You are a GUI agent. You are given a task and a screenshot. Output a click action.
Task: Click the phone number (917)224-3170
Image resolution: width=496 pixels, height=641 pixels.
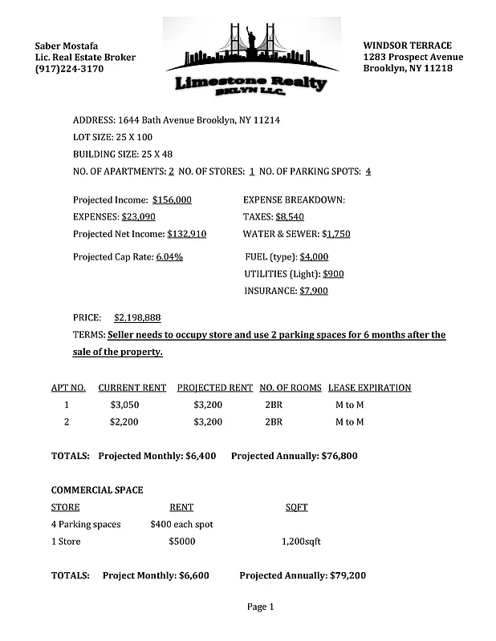tap(69, 69)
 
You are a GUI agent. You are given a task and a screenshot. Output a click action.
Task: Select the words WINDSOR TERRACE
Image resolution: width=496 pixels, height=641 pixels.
tap(407, 46)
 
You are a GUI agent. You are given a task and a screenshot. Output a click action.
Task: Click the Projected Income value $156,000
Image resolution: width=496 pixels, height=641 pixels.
tap(172, 200)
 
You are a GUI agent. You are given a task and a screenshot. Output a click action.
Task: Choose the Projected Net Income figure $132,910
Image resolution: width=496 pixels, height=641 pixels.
tap(186, 234)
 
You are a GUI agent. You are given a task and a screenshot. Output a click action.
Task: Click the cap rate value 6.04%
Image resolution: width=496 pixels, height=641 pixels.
tap(169, 257)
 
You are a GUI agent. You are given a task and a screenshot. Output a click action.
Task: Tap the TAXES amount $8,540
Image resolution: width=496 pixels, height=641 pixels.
tap(290, 216)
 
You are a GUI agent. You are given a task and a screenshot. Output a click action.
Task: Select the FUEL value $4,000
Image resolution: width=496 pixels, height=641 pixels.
tap(314, 257)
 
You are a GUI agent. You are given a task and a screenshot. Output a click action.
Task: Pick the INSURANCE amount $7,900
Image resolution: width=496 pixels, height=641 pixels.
tap(313, 291)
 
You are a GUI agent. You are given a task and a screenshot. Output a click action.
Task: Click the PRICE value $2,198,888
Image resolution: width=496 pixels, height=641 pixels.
tap(137, 317)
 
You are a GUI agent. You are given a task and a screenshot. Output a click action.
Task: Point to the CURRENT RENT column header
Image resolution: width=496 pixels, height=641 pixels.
tap(132, 388)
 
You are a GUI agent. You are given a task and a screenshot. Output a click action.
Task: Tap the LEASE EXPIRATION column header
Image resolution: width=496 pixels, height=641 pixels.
tap(369, 388)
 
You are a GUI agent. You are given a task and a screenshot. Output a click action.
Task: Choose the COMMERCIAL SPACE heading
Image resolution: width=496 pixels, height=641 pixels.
tap(97, 490)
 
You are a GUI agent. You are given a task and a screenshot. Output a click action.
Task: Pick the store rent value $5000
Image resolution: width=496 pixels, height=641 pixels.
tap(182, 542)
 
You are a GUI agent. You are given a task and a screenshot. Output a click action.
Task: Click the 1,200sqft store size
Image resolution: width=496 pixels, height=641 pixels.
tap(301, 542)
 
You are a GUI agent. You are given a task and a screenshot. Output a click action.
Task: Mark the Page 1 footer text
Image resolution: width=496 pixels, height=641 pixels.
tap(261, 607)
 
